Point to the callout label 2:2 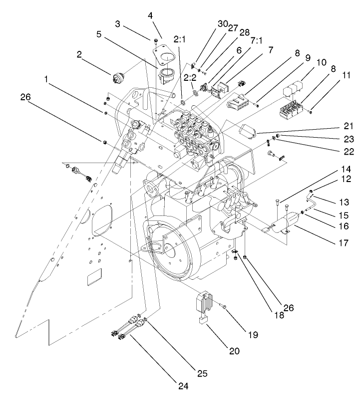tap(190, 78)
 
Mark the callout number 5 tap(99, 35)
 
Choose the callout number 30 tap(222, 23)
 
